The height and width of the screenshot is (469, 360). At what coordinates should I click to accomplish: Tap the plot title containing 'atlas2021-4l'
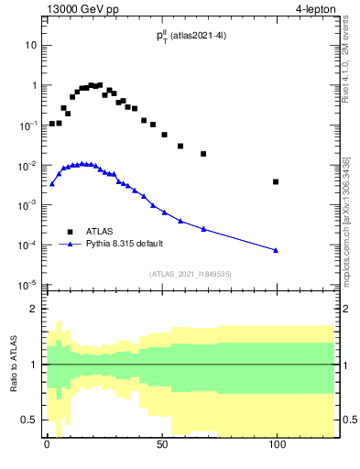[191, 36]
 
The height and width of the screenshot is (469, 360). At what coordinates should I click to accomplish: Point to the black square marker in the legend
[70, 231]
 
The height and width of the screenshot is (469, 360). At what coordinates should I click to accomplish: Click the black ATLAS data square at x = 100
[276, 181]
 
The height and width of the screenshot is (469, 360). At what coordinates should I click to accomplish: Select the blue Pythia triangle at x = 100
[276, 250]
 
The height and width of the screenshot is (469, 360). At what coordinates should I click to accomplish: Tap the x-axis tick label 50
[161, 444]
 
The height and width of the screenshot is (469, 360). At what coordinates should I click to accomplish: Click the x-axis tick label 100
[276, 444]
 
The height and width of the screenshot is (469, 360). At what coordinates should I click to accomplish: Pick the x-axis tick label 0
[47, 444]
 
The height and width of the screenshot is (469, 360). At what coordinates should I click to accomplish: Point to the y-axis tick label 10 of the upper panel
[30, 45]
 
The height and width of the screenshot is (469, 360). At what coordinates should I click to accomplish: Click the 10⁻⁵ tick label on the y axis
[27, 285]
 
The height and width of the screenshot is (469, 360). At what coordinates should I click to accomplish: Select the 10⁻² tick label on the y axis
[27, 165]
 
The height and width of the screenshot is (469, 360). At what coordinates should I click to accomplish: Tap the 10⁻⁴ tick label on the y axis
[27, 245]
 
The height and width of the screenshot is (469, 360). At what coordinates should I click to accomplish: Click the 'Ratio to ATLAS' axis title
[15, 364]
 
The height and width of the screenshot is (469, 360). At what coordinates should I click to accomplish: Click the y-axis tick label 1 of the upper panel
[32, 85]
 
